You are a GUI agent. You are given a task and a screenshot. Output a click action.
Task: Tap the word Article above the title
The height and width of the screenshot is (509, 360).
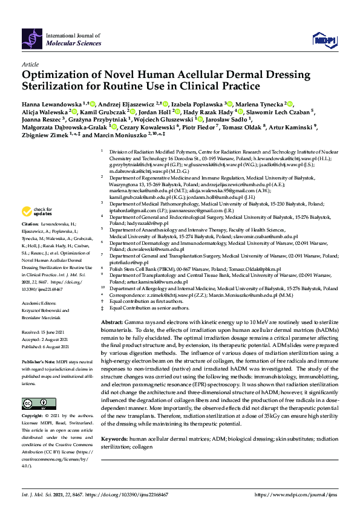[x=30, y=64]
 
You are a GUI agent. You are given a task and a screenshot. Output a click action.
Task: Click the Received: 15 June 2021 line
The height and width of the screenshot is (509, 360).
[x=48, y=332]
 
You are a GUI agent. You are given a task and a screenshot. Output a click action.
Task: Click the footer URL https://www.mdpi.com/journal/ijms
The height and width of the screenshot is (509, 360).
[x=296, y=494]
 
